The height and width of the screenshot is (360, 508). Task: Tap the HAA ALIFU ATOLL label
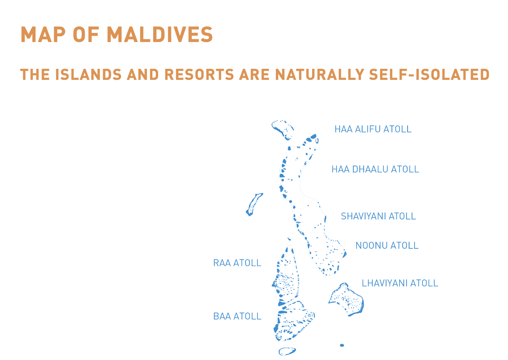[x=373, y=129]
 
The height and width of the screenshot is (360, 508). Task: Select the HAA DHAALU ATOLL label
[x=375, y=169]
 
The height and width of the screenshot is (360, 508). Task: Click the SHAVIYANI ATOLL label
[x=378, y=216]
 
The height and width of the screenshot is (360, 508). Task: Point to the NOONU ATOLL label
[x=387, y=245]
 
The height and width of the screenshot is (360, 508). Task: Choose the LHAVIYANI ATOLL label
[x=400, y=283]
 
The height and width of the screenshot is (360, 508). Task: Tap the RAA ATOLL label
[x=237, y=263]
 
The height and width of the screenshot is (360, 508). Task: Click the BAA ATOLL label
[x=237, y=316]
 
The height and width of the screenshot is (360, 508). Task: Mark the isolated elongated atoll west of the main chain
[x=254, y=204]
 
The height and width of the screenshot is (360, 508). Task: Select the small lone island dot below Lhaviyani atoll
[x=342, y=345]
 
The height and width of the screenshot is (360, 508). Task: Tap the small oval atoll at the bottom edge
[x=287, y=351]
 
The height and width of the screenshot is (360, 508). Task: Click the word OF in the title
[x=86, y=35]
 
